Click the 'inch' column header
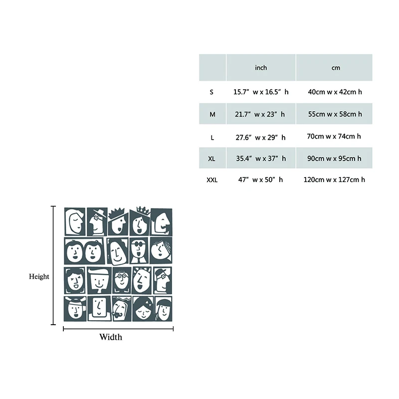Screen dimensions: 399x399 point(261,68)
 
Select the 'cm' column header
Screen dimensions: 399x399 point(336,68)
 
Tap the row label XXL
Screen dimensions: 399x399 point(212,180)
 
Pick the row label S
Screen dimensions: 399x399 point(212,92)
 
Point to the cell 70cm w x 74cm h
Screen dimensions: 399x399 point(334,136)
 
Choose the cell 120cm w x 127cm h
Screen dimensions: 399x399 point(334,180)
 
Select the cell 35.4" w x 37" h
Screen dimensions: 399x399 point(261,159)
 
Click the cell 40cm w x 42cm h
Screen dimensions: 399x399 point(334,92)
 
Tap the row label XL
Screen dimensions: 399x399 point(212,159)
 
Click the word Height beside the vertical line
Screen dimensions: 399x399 point(39,276)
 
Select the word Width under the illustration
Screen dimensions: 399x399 point(110,337)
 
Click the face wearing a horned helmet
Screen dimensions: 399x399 point(75,309)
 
